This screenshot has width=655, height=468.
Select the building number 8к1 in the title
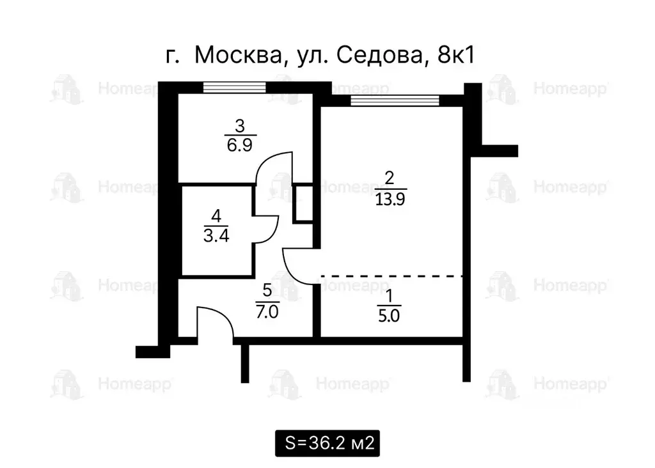[455, 56]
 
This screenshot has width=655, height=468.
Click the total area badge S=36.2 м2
[327, 442]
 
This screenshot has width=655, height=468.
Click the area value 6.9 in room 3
[240, 144]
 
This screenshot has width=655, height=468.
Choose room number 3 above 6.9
[240, 125]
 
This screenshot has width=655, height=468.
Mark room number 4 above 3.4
[216, 215]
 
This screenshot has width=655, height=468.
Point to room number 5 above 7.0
[267, 288]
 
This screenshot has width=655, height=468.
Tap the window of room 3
[234, 88]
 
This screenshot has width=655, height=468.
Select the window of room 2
[395, 100]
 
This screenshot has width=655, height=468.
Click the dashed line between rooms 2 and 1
[391, 276]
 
